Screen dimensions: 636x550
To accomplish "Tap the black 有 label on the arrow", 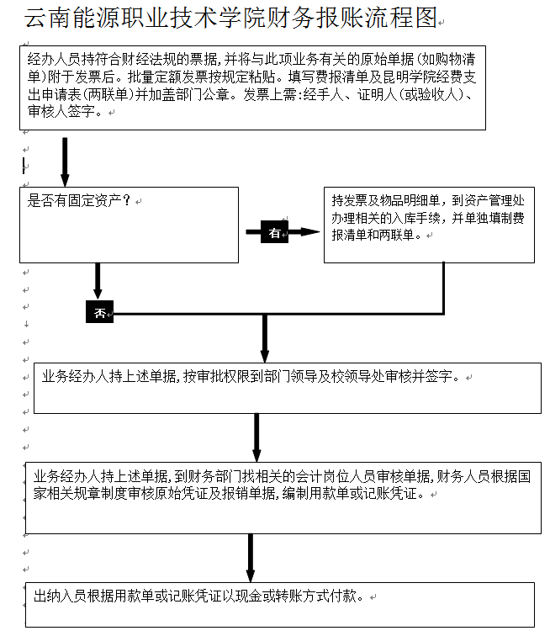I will click(275, 233).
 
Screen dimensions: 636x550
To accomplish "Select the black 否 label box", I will click(99, 313).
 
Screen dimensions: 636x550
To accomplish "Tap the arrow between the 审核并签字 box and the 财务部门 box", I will click(256, 437).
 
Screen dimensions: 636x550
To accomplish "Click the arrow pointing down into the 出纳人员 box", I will click(251, 558).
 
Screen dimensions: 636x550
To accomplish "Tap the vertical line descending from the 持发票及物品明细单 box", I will click(443, 288).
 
